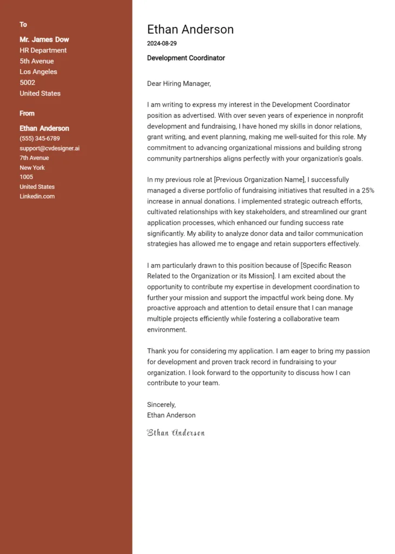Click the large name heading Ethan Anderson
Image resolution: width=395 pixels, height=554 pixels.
[190, 30]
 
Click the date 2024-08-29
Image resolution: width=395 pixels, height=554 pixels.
[162, 43]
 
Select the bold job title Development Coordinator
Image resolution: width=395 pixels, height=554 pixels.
[186, 58]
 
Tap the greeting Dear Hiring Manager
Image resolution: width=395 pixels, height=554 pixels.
[179, 84]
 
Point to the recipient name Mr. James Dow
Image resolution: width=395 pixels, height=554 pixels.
[44, 39]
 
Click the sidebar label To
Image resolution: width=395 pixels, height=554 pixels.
[23, 24]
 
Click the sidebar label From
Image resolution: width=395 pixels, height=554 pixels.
[27, 113]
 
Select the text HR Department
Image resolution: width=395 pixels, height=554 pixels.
[43, 50]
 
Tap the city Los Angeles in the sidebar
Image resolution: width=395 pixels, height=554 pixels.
[38, 72]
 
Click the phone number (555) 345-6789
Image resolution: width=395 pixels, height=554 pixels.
[40, 138]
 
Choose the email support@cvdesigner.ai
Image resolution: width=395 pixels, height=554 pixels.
[49, 148]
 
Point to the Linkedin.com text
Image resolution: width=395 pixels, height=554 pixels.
[37, 196]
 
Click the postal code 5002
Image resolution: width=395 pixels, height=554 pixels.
[28, 83]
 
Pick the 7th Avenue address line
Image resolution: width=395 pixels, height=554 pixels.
[34, 158]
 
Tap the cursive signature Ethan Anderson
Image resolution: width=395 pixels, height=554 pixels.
[176, 433]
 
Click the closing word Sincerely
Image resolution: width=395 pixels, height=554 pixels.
[161, 404]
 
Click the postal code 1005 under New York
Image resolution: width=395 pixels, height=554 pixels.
[27, 177]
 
